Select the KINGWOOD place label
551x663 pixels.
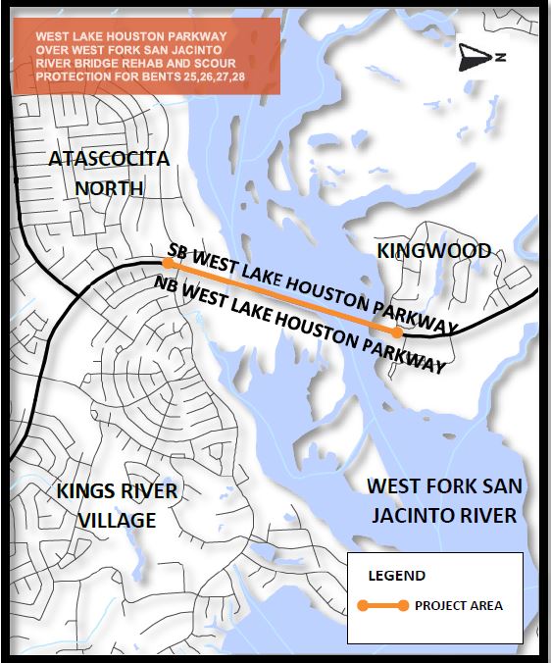[433, 252]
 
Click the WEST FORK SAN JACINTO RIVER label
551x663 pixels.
[444, 500]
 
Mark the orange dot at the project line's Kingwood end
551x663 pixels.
[395, 332]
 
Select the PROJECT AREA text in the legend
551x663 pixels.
[458, 606]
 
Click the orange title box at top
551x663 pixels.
[145, 56]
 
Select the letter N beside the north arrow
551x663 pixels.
[499, 58]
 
